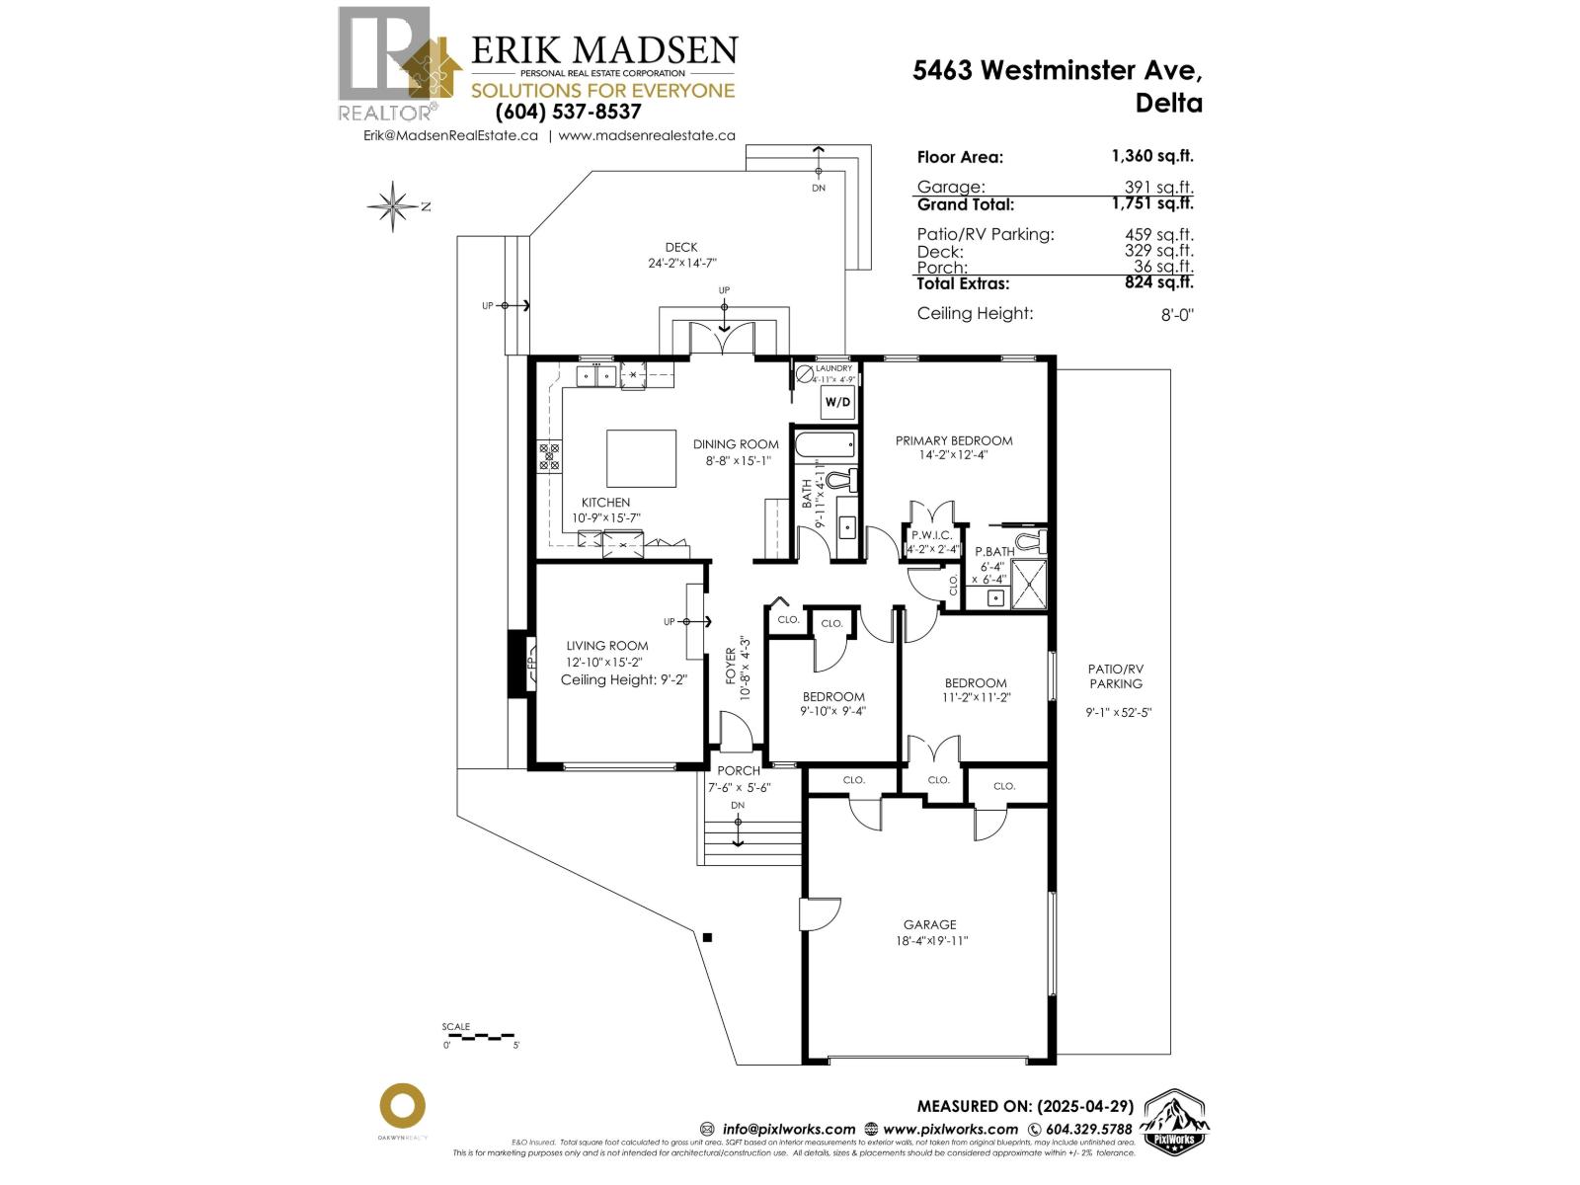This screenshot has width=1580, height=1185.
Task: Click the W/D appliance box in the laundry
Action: (837, 402)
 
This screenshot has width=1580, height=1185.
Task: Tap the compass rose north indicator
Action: (394, 206)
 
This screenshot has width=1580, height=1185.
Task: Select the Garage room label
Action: (928, 925)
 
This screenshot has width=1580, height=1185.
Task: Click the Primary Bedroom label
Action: (953, 440)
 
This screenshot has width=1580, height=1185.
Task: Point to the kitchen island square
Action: (640, 458)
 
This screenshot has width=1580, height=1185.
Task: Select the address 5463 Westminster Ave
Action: (1058, 70)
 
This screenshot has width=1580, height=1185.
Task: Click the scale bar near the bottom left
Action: (480, 1036)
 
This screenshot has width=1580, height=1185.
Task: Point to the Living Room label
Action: (606, 646)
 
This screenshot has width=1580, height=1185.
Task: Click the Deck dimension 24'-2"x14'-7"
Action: (680, 264)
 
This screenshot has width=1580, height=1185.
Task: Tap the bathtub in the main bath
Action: (826, 446)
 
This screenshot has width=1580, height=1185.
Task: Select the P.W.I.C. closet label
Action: (931, 535)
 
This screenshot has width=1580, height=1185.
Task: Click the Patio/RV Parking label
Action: (1116, 675)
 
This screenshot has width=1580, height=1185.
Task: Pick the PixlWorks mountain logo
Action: (1175, 1123)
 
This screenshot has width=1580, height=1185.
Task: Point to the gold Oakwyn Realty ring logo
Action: (403, 1107)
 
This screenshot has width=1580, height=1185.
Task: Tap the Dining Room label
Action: (736, 444)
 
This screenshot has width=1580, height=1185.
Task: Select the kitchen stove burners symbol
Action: (548, 455)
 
